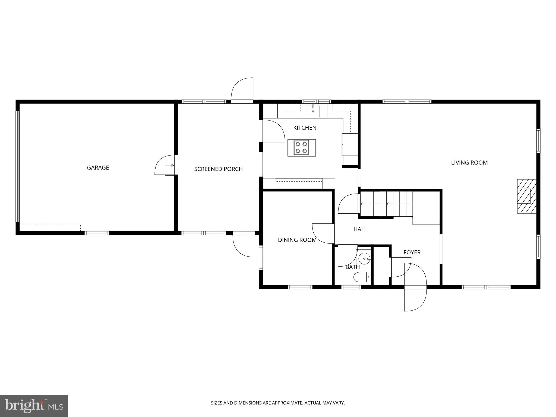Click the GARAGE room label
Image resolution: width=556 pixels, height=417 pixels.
click(98, 168)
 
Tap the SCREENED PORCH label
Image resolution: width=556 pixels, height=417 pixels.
click(218, 169)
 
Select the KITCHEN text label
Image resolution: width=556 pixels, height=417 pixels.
click(305, 128)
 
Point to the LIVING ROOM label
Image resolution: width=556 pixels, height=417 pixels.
click(469, 163)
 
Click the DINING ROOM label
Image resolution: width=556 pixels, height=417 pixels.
click(297, 240)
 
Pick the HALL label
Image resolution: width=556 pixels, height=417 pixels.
click(360, 229)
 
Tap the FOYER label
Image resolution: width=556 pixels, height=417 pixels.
click(412, 252)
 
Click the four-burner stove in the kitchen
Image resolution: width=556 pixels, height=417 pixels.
click(302, 148)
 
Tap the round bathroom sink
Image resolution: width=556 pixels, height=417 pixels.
click(364, 258)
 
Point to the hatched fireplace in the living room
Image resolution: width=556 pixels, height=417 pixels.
click(527, 196)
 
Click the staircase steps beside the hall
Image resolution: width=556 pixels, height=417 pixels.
click(386, 204)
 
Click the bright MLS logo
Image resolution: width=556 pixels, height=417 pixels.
click(34, 406)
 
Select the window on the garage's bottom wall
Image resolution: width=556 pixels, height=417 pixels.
click(97, 233)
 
